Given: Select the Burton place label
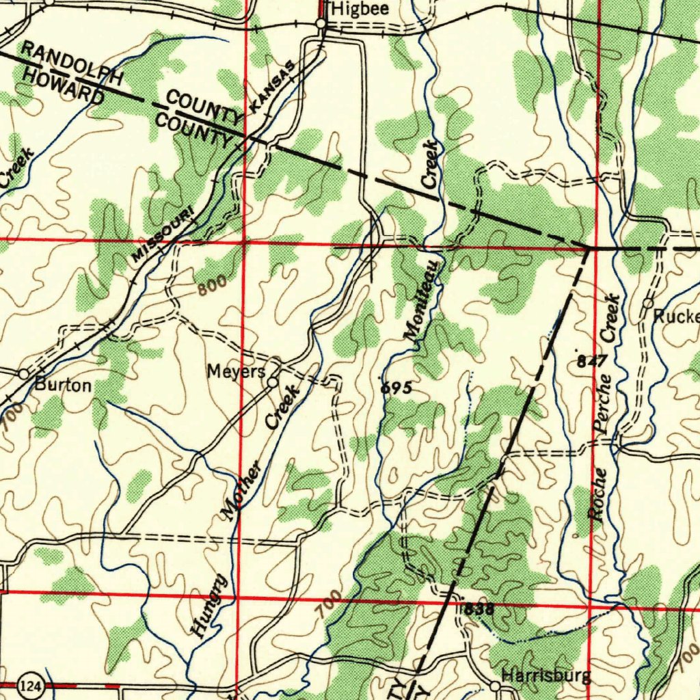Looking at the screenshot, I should pyautogui.click(x=63, y=386).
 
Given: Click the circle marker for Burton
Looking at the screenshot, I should pyautogui.click(x=24, y=374).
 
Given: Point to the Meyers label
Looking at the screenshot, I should pyautogui.click(x=236, y=372).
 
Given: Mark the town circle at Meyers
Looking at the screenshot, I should pyautogui.click(x=273, y=382).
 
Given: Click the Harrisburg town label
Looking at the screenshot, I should pyautogui.click(x=546, y=677).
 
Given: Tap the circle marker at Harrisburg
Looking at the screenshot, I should pyautogui.click(x=495, y=685).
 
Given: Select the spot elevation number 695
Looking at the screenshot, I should pyautogui.click(x=396, y=388).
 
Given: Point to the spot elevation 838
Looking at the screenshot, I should pyautogui.click(x=479, y=609).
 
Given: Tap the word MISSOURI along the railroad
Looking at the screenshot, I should pyautogui.click(x=163, y=236).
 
